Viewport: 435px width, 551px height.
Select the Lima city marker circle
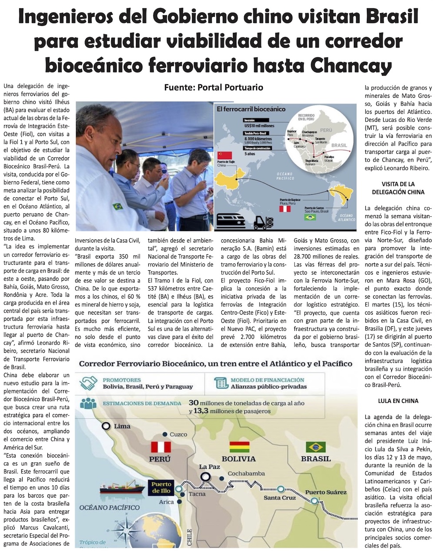click(106, 426)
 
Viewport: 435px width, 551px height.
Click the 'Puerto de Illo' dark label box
click(161, 488)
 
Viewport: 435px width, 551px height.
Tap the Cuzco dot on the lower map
click(165, 435)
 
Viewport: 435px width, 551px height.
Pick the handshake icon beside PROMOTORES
click(90, 383)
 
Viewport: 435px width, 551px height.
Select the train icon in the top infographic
click(231, 221)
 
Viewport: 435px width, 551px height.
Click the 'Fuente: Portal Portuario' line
click(214, 87)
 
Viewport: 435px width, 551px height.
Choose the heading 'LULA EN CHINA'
click(398, 401)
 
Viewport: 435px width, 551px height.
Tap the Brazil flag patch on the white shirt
click(117, 206)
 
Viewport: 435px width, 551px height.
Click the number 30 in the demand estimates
click(194, 403)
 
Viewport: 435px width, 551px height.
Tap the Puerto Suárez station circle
click(315, 501)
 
